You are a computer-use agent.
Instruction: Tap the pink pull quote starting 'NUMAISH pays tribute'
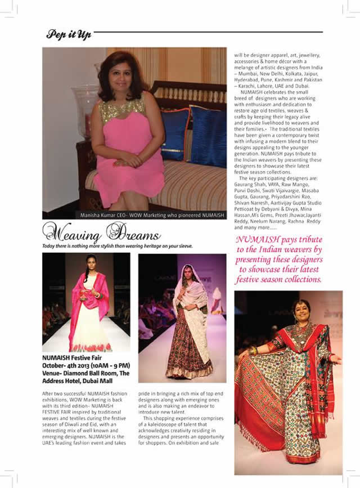279,260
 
